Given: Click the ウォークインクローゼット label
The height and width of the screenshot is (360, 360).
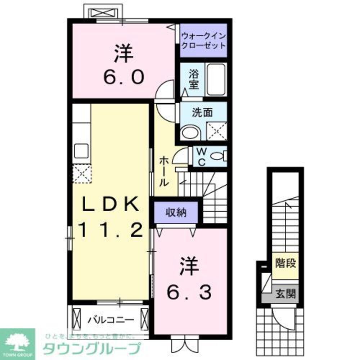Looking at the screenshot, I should click(x=203, y=41).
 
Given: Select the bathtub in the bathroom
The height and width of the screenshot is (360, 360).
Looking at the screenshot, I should click(x=216, y=80).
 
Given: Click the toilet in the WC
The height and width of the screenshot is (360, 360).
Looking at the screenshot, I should click(x=219, y=156).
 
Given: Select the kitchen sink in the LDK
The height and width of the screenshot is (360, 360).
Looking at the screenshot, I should click(x=81, y=150).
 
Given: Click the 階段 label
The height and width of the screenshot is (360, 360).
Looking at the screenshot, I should click(x=286, y=264).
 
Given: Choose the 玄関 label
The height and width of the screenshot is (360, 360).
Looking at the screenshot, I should click(x=286, y=294).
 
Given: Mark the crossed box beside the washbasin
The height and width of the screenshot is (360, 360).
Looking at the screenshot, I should click(x=216, y=131).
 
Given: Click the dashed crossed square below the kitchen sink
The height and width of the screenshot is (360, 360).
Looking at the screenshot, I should click(x=82, y=174).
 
